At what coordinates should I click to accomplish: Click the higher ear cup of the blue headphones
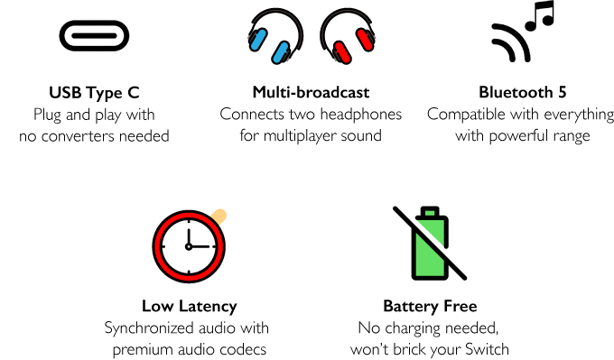point(258,39)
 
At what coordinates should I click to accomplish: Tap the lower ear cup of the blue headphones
point(281,52)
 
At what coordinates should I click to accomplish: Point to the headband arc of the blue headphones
point(276,13)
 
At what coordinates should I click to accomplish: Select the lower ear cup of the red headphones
point(342,52)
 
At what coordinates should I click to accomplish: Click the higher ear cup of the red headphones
point(365,40)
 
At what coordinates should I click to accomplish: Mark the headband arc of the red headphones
point(347,13)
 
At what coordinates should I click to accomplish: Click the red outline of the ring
point(157,246)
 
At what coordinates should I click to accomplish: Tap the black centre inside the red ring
point(189,246)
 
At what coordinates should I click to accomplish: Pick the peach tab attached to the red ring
point(219,216)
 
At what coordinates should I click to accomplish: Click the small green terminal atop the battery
point(430,213)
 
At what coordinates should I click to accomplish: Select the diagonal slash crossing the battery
point(430,244)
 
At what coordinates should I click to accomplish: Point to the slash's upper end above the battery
point(398,211)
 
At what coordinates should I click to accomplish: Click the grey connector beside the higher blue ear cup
point(251,37)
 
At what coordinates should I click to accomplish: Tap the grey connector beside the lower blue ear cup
point(287,58)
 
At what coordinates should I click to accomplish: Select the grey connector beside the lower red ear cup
point(336,58)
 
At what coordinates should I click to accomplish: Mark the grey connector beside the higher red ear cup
point(372,37)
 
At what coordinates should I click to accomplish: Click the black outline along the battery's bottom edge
point(430,278)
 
